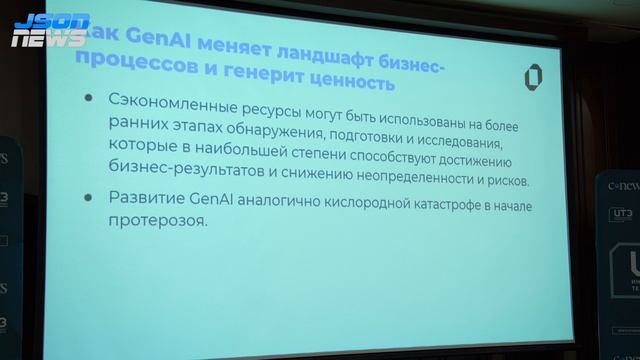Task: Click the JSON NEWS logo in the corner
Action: (x=50, y=29)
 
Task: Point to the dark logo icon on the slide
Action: (x=534, y=79)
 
